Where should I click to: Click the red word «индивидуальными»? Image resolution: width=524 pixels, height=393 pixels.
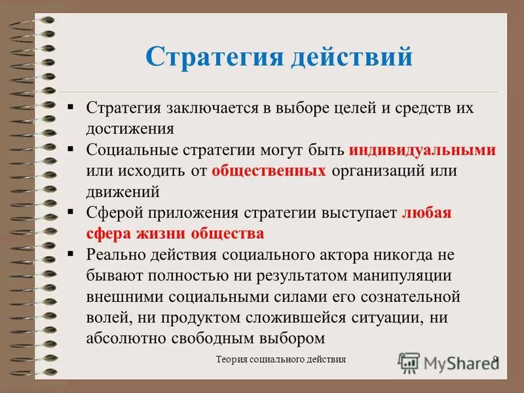point(422,150)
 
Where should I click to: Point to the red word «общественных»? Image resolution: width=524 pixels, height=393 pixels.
point(269,171)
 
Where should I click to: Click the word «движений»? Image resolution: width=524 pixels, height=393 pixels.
point(123,192)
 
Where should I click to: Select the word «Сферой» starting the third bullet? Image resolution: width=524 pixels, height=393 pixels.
point(114,213)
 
